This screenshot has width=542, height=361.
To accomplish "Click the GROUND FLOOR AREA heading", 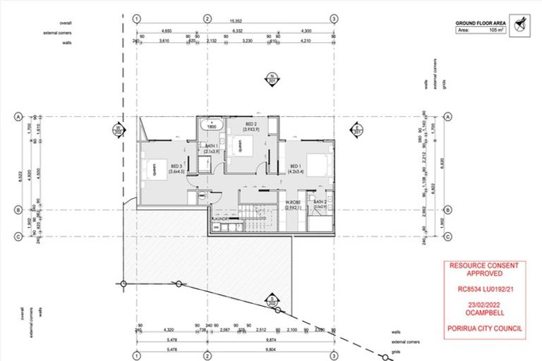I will (478, 23).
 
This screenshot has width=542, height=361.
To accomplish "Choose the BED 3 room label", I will (176, 167).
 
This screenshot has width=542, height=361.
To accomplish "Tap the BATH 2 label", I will (322, 202).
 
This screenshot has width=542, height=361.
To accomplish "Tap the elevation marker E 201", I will (357, 128).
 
